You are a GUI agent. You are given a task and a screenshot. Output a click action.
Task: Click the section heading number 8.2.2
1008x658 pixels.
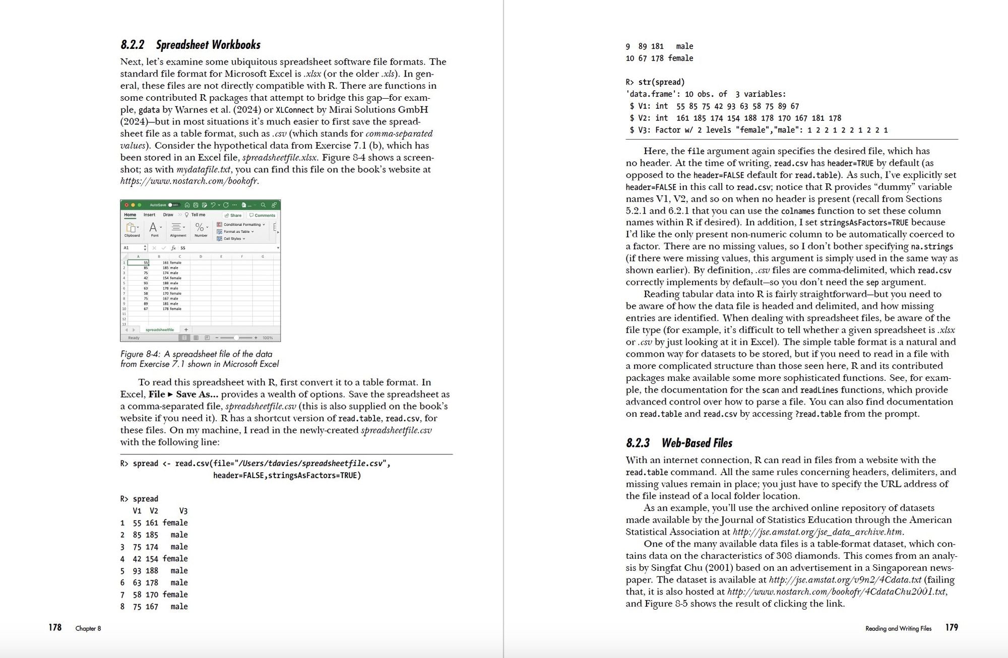(x=132, y=45)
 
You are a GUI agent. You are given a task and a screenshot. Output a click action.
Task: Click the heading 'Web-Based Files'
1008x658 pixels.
(x=697, y=443)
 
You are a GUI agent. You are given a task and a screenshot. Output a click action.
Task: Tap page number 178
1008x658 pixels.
(x=55, y=627)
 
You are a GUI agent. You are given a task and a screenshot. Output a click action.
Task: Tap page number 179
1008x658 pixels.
(x=952, y=627)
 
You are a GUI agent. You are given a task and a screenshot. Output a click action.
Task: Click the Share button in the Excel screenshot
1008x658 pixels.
(x=233, y=215)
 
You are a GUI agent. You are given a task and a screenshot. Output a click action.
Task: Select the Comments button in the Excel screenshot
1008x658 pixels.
(x=263, y=215)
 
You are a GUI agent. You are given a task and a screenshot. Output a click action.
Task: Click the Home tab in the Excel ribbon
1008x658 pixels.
(x=130, y=215)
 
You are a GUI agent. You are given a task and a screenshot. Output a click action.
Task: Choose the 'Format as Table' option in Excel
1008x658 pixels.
(x=236, y=232)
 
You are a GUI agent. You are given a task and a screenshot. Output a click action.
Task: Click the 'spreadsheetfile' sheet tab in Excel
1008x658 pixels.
(x=159, y=330)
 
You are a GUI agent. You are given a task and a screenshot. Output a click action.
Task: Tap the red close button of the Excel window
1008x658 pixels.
(x=127, y=205)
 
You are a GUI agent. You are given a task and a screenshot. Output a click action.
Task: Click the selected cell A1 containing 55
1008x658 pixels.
(x=139, y=262)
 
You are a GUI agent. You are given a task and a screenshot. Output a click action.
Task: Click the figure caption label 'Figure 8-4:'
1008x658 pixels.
(x=140, y=354)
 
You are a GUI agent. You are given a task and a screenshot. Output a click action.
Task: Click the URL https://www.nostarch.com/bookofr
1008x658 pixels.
(x=190, y=181)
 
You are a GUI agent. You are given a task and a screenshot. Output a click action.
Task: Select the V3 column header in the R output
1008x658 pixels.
(x=183, y=511)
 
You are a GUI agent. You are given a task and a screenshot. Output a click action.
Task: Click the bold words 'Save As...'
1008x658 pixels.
(x=197, y=394)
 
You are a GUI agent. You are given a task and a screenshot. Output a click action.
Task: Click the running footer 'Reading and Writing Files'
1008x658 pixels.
(x=898, y=628)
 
